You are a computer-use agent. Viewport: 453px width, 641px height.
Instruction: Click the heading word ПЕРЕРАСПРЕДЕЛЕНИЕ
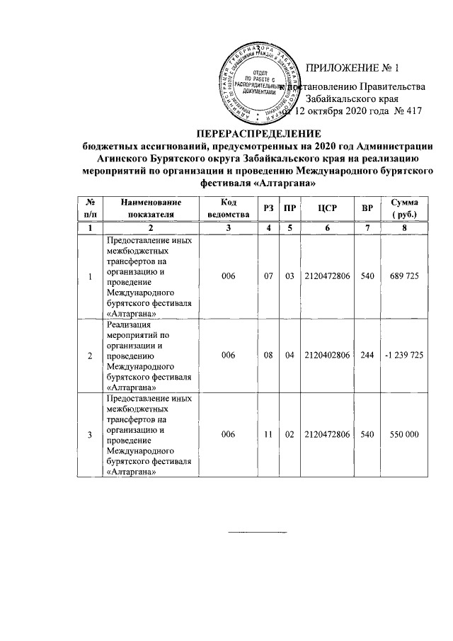tap(258, 134)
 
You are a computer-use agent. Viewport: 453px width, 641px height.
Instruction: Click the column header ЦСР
tap(327, 208)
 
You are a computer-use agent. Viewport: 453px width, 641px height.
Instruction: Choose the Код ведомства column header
tap(227, 208)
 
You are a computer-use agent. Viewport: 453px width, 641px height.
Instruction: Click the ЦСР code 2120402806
tap(326, 355)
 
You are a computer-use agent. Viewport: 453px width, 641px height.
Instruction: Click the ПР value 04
tap(289, 355)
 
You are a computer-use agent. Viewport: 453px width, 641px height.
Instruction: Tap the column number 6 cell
tap(327, 228)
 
